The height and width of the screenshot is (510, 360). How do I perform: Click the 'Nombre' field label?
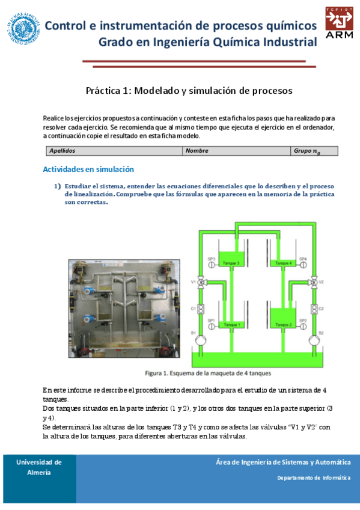197,151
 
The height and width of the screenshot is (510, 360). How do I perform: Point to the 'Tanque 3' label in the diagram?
231,263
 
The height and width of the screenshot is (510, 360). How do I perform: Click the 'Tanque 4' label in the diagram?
282,263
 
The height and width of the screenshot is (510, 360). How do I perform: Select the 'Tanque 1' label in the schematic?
231,325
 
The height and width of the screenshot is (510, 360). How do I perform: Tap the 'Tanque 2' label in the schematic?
282,325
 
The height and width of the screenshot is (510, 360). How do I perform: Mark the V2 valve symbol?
313,282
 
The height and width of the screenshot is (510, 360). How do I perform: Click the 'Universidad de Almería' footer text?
38,467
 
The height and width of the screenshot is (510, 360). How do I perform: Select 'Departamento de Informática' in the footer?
313,478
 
